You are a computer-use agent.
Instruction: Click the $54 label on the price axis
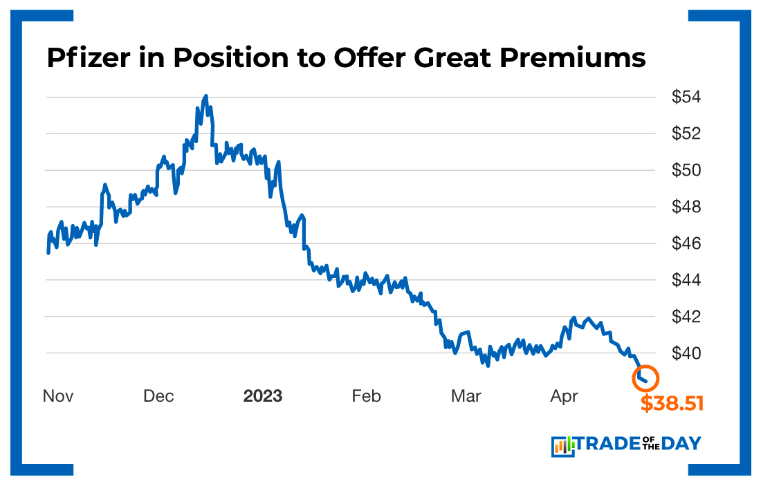coord(686,97)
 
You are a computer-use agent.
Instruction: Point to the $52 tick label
coord(686,133)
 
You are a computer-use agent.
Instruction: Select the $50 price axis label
coord(686,170)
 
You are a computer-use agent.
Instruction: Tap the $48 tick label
coord(686,207)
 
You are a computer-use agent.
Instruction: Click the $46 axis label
coord(686,243)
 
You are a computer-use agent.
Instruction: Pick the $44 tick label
coord(686,280)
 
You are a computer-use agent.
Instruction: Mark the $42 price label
coord(686,317)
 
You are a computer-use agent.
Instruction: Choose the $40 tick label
coord(686,353)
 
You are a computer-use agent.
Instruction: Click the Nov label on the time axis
coord(58,396)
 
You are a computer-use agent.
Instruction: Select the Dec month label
coord(158,396)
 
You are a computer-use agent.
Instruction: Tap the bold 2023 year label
coord(262,396)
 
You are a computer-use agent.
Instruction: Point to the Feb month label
coord(366,396)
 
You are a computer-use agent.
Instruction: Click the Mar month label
coord(466,396)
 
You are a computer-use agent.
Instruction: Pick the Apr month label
coord(564,396)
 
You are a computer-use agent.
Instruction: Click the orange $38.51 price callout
coord(671,403)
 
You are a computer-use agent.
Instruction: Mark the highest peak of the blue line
coord(206,96)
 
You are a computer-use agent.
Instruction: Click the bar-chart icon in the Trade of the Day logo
coord(563,447)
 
